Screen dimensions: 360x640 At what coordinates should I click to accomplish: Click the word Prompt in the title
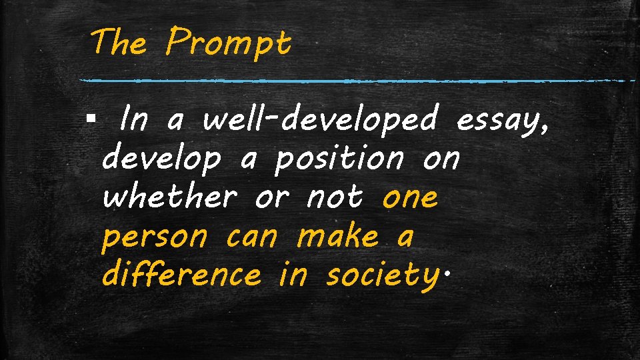click(229, 44)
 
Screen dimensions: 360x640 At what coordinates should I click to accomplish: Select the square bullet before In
click(91, 121)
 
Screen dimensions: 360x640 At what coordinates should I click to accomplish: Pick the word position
click(339, 160)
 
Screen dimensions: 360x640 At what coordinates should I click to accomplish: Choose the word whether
click(170, 197)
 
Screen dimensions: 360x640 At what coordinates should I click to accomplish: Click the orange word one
click(411, 198)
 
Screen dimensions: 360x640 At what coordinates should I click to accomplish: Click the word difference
click(181, 275)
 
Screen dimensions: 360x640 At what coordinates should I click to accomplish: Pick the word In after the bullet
click(135, 121)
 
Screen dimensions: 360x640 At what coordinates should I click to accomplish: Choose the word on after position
click(441, 160)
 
